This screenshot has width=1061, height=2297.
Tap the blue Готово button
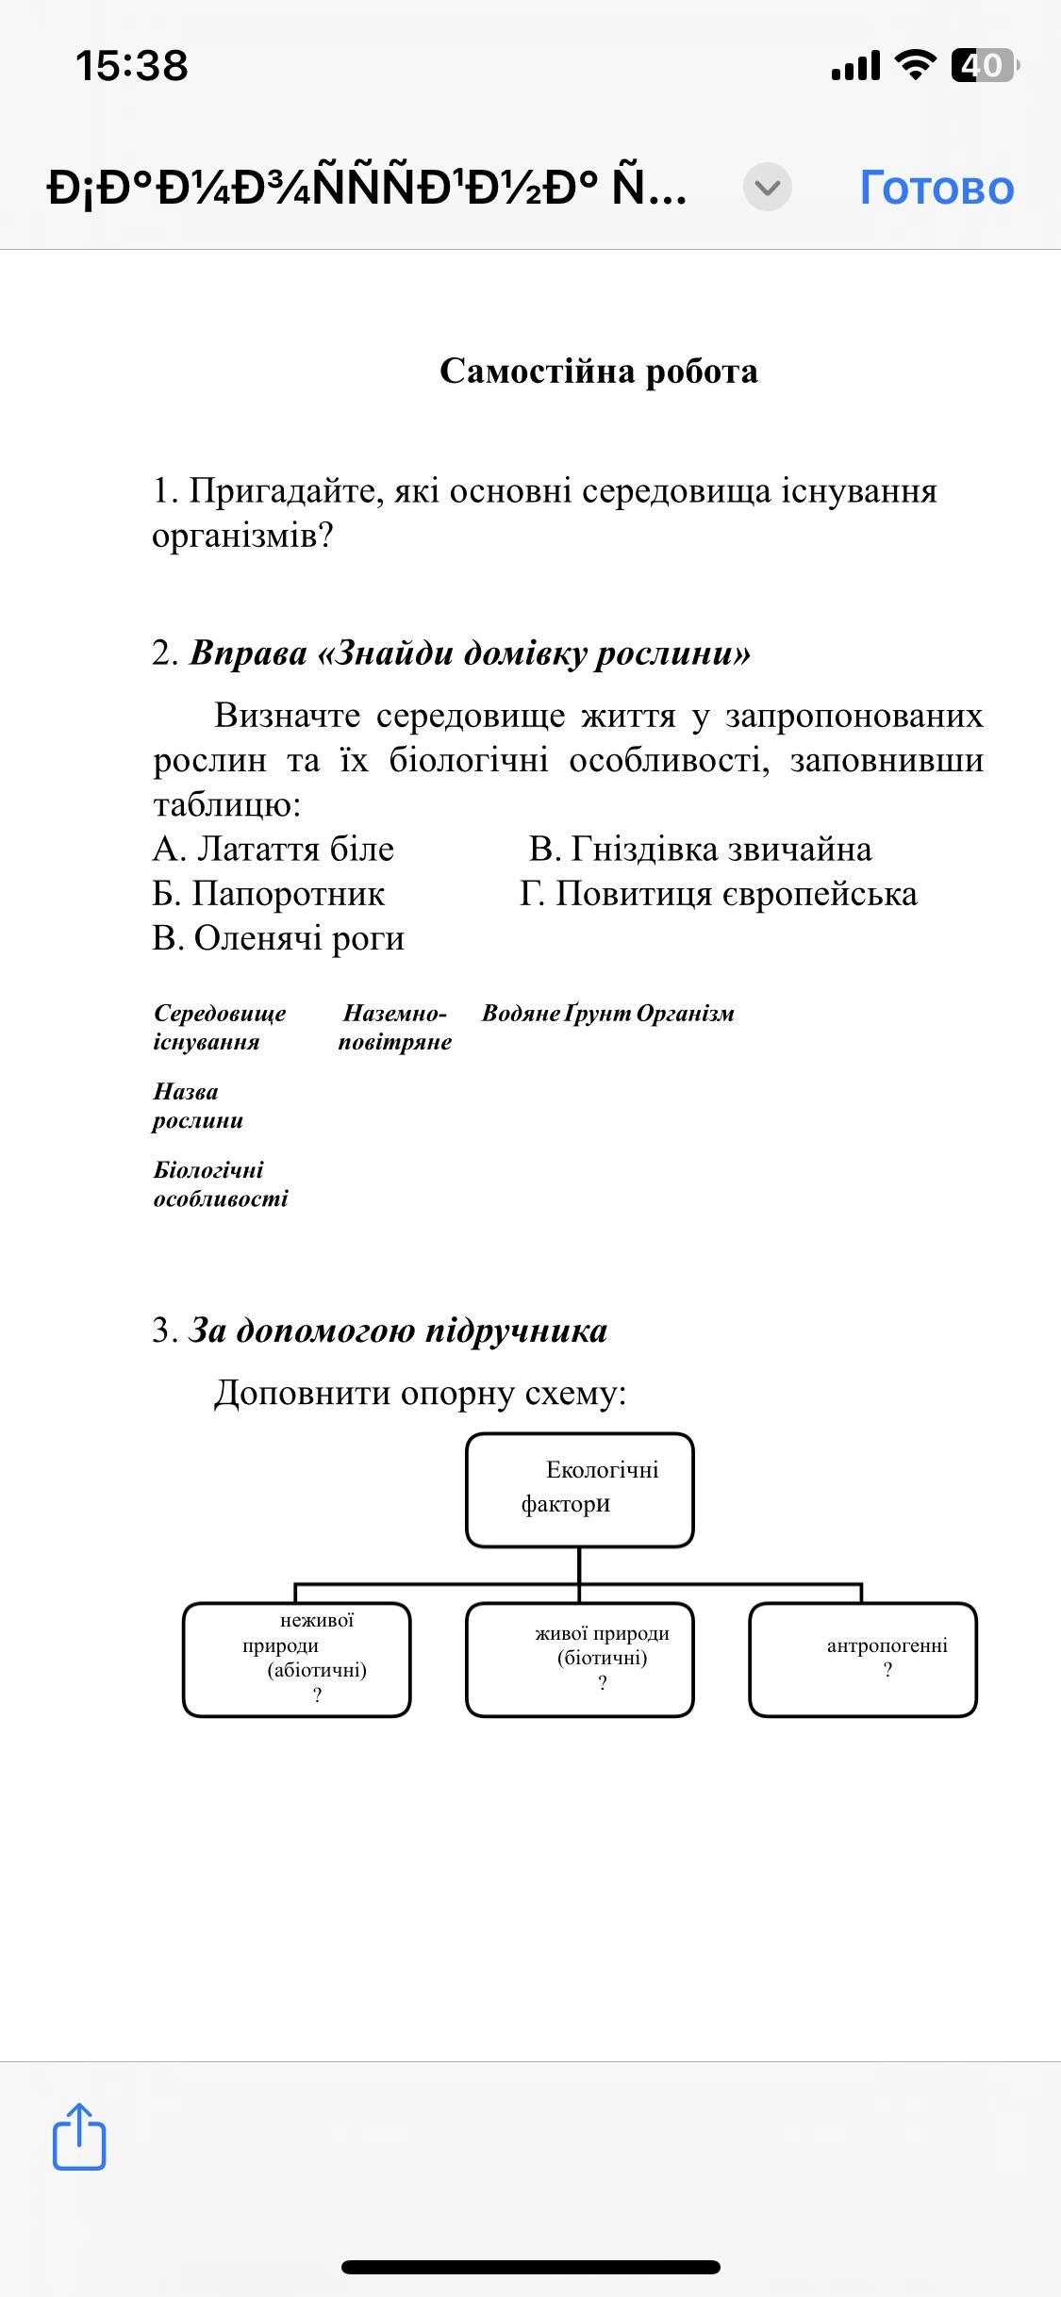(x=937, y=187)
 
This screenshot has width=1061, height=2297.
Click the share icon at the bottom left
(x=79, y=2137)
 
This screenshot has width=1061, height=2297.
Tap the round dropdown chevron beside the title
(x=768, y=187)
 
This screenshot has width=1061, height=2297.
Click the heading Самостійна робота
(x=598, y=372)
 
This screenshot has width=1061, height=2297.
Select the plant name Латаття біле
(x=274, y=850)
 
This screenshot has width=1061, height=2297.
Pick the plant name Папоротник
(x=269, y=894)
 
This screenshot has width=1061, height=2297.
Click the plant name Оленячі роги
(x=279, y=938)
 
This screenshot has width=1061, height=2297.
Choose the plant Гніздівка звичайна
(x=701, y=850)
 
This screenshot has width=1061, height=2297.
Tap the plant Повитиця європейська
(x=718, y=894)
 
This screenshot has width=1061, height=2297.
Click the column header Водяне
(x=521, y=1014)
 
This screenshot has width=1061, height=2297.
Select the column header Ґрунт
(x=598, y=1014)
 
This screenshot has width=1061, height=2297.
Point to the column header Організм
(x=685, y=1014)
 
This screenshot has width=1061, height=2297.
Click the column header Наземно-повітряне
(x=394, y=1028)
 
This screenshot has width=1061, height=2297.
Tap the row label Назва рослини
(x=198, y=1106)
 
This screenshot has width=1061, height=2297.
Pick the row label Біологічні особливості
(x=220, y=1184)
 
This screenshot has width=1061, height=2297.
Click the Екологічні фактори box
(x=579, y=1489)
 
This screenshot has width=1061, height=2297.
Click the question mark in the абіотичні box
(x=317, y=1695)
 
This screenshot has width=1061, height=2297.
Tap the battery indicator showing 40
(x=984, y=65)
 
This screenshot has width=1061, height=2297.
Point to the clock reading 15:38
(x=132, y=65)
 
